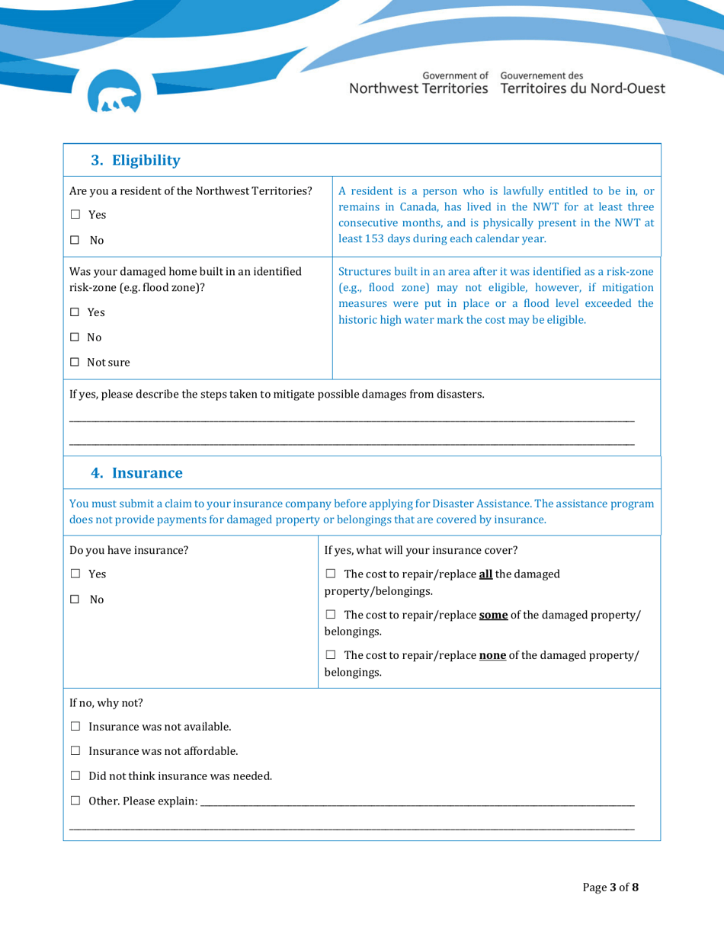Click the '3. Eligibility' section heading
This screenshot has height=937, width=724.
coord(136,160)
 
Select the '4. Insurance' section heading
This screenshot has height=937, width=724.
coord(136,473)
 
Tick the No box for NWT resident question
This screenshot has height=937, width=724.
coord(75,241)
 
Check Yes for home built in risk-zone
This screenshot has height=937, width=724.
coord(75,312)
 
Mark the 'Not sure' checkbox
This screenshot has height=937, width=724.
coord(75,363)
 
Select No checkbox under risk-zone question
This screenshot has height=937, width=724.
coord(75,337)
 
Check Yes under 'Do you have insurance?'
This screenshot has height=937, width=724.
coord(75,574)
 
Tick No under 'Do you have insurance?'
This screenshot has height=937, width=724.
coord(75,599)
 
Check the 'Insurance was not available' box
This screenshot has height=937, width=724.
coord(75,727)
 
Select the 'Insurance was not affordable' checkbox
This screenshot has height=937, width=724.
coord(75,752)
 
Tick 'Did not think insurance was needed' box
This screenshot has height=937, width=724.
coord(75,776)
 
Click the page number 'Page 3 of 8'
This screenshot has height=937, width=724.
coord(610,887)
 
